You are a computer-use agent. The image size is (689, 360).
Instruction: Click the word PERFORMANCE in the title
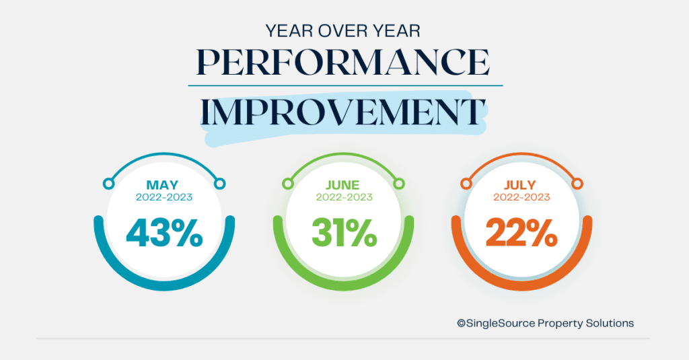[343, 62]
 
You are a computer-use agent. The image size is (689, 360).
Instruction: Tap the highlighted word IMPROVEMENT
[343, 112]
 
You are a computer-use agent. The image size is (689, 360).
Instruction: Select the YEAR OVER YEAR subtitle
[342, 31]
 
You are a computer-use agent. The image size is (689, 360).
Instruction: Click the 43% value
[164, 233]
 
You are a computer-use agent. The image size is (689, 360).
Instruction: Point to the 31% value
[344, 233]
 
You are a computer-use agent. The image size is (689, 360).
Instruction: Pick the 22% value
[521, 233]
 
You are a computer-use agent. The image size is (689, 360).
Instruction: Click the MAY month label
[163, 185]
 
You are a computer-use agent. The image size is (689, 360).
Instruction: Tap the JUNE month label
[342, 185]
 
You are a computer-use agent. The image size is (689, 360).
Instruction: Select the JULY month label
[520, 185]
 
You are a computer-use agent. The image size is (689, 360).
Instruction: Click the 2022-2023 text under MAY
[164, 197]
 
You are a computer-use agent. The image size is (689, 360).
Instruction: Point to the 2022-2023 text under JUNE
[344, 197]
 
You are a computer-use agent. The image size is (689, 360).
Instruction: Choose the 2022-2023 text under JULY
[521, 197]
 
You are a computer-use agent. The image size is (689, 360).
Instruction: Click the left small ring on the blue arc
[108, 184]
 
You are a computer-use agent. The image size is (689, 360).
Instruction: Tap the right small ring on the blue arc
[220, 184]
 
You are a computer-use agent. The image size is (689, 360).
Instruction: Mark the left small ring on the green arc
[288, 184]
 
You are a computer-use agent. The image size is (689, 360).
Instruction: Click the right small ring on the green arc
[399, 184]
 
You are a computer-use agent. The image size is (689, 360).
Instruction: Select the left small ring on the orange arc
[466, 184]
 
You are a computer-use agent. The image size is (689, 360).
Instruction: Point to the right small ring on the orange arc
[577, 184]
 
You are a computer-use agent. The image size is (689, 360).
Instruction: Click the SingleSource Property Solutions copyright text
[545, 324]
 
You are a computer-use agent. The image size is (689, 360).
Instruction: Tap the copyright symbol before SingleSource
[462, 324]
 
